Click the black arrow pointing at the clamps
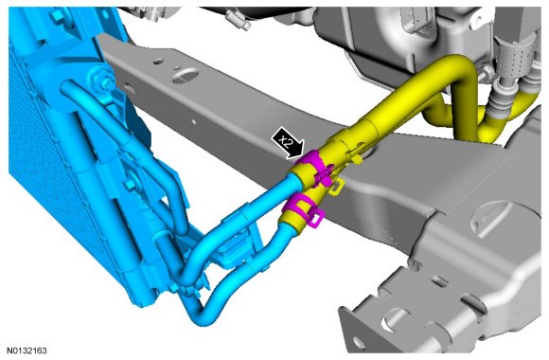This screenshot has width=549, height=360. (288, 143)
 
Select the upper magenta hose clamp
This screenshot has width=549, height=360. (313, 167)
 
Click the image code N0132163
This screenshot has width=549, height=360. (27, 351)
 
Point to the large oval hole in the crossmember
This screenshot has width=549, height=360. (186, 77)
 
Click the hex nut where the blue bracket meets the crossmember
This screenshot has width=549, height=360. (104, 80)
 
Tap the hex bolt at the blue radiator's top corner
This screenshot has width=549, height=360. (57, 16)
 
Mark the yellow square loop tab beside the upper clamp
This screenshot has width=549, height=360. (335, 187)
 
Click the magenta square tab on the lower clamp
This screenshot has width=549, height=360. (317, 218)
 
